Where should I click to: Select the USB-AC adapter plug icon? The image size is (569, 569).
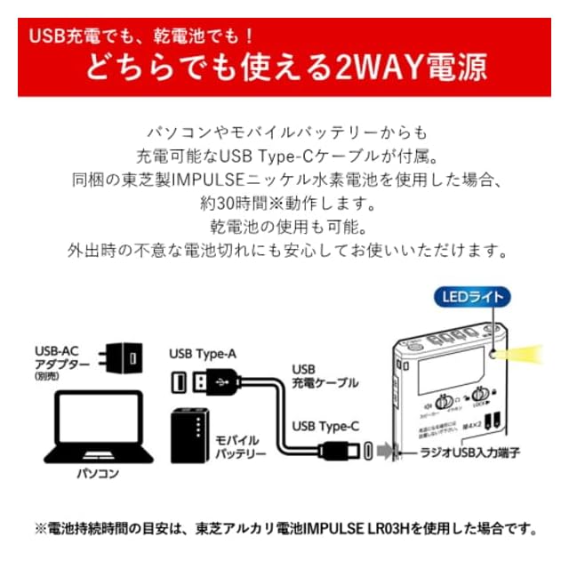coord(124,359)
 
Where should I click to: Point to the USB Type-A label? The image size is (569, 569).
coord(202,354)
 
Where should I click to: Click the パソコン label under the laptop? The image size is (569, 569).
coord(97,473)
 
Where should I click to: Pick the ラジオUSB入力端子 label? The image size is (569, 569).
coord(470,453)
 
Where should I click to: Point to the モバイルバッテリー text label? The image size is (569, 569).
coord(238,446)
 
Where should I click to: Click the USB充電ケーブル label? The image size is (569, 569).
coord(325,375)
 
